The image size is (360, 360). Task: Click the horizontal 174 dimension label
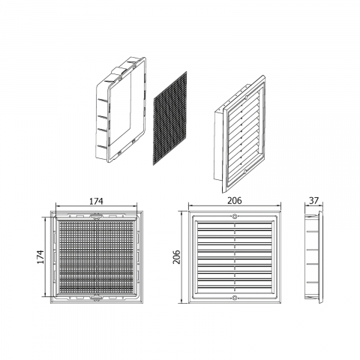point(96,201)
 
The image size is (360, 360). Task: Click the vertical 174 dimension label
point(40,256)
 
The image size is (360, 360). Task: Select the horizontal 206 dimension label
point(235,200)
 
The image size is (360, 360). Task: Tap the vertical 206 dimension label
point(176,256)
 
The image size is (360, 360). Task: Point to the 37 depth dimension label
point(313,200)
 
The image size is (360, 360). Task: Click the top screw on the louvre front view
point(235,217)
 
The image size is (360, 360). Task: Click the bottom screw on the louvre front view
point(235,297)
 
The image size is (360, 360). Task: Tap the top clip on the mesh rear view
point(96,216)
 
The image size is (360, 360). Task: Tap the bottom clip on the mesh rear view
point(96,298)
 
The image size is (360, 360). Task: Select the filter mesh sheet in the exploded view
point(169,118)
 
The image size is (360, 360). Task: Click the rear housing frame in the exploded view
point(121,110)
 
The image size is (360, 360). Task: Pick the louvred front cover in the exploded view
point(240,134)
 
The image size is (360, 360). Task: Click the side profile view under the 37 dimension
point(313,257)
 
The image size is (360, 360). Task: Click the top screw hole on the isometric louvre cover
point(246,97)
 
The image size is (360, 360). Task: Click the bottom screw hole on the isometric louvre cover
point(245,172)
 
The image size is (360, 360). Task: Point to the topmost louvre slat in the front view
point(235,225)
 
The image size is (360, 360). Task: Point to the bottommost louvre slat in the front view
point(235,289)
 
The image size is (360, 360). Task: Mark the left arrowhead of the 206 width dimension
point(190,206)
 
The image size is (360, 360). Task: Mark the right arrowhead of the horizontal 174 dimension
point(135,206)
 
